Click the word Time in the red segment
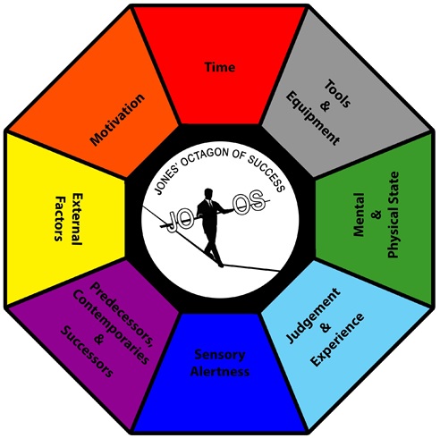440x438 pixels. point(220,67)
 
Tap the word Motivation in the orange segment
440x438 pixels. point(117,120)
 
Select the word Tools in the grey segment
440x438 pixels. point(337,94)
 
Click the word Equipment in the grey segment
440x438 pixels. point(312,118)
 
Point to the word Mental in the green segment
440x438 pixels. point(359,215)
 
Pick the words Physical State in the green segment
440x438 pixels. point(393,215)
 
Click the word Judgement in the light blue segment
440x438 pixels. point(313,316)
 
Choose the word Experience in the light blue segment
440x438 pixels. point(337,340)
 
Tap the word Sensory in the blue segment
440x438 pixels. point(220,355)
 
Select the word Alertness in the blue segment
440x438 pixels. point(220,372)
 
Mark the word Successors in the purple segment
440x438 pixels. point(87,352)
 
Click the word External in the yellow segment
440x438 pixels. point(77,219)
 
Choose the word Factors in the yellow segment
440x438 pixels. point(60,218)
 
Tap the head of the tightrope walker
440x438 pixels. point(208,193)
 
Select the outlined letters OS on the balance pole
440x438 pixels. point(250,204)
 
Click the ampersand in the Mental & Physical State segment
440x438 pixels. point(377,215)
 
